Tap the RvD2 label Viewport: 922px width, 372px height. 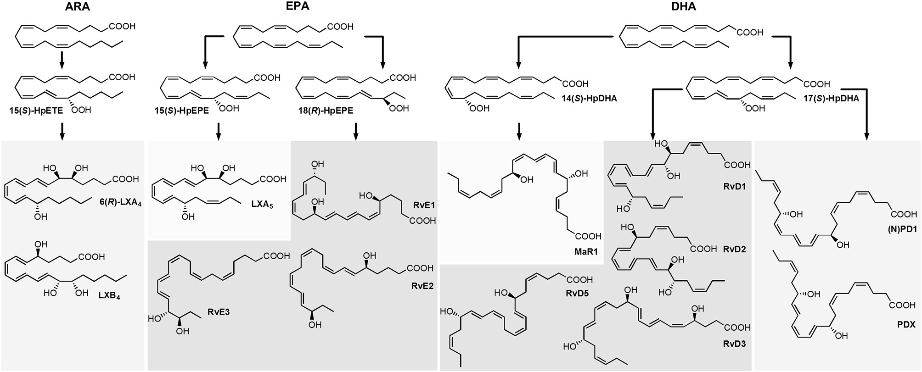pos(734,250)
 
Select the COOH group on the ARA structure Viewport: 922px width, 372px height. pos(122,27)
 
